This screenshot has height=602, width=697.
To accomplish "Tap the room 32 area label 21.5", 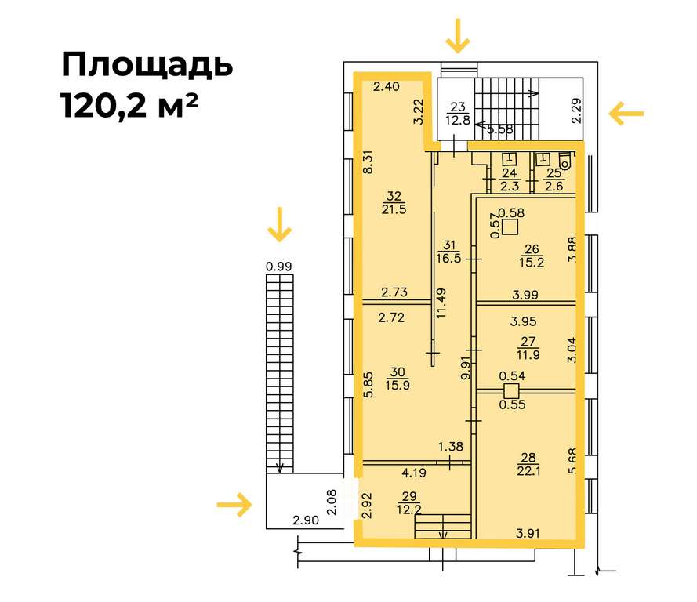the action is tap(394, 209).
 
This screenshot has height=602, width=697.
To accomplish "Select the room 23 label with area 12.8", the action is tap(458, 114).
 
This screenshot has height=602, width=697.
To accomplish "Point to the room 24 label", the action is tap(510, 180).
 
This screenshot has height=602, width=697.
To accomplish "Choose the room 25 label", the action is tap(554, 180).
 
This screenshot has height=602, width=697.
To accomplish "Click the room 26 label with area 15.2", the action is tap(532, 256).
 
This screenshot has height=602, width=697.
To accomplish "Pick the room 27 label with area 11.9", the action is tap(528, 348).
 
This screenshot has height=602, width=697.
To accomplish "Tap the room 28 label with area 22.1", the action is tap(528, 464).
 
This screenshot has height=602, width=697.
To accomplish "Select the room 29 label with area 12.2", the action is tap(409, 502).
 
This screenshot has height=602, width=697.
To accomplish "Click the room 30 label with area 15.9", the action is tap(398, 378).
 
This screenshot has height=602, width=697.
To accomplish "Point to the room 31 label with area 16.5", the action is tap(448, 252).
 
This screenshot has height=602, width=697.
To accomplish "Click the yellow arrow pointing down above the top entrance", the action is tap(458, 35).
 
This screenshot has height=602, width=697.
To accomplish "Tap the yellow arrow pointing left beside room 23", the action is tap(626, 114).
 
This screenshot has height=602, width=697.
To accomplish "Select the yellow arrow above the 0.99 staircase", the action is tap(280, 224).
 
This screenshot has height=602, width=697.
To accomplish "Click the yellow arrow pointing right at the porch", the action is tap(234, 505).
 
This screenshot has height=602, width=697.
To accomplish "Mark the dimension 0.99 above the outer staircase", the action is tap(278, 267).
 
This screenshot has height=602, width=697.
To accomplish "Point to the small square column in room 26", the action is tap(510, 227).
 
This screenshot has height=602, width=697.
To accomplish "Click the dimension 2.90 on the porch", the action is tap(306, 520).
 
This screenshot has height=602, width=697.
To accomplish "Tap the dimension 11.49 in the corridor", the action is tap(441, 303).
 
